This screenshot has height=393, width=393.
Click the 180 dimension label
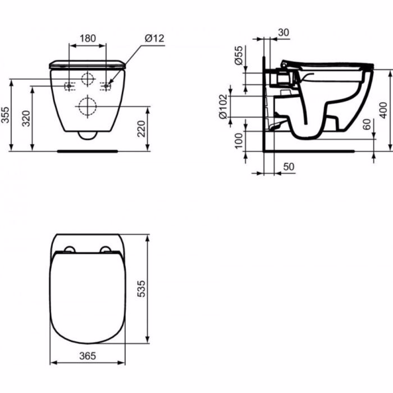point(88,38)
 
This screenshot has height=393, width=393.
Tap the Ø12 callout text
point(154,38)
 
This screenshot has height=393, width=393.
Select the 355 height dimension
point(5,115)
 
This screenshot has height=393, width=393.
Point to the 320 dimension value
point(26,118)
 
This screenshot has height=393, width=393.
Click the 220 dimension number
point(141,129)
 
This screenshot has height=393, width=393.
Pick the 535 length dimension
point(141,289)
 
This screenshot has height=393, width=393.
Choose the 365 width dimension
point(88,355)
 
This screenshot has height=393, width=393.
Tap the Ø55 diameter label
point(239,56)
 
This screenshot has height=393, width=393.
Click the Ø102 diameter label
point(223,106)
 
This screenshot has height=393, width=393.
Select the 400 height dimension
point(383,110)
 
